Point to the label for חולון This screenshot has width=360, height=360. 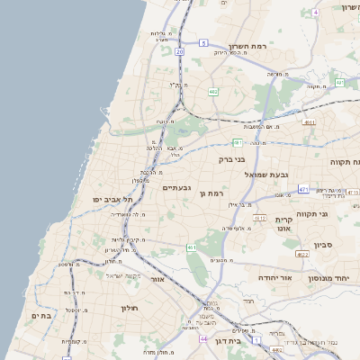pyautogui.click(x=129, y=308)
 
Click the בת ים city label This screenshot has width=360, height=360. pyautogui.click(x=41, y=315)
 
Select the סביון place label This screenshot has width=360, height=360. pyautogui.click(x=325, y=243)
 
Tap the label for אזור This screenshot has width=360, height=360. pyautogui.click(x=157, y=279)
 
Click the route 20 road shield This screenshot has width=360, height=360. pyautogui.click(x=180, y=51)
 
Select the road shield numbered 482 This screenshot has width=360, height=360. pyautogui.click(x=213, y=92)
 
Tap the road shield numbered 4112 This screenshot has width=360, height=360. pyautogui.click(x=260, y=218)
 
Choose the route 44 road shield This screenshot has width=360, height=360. pyautogui.click(x=202, y=341)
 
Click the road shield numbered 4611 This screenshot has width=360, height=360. pyautogui.click(x=310, y=122)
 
